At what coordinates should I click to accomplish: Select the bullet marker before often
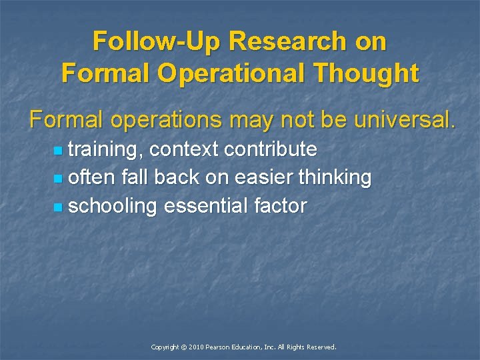(x=59, y=179)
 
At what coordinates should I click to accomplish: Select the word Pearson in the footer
(x=219, y=347)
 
